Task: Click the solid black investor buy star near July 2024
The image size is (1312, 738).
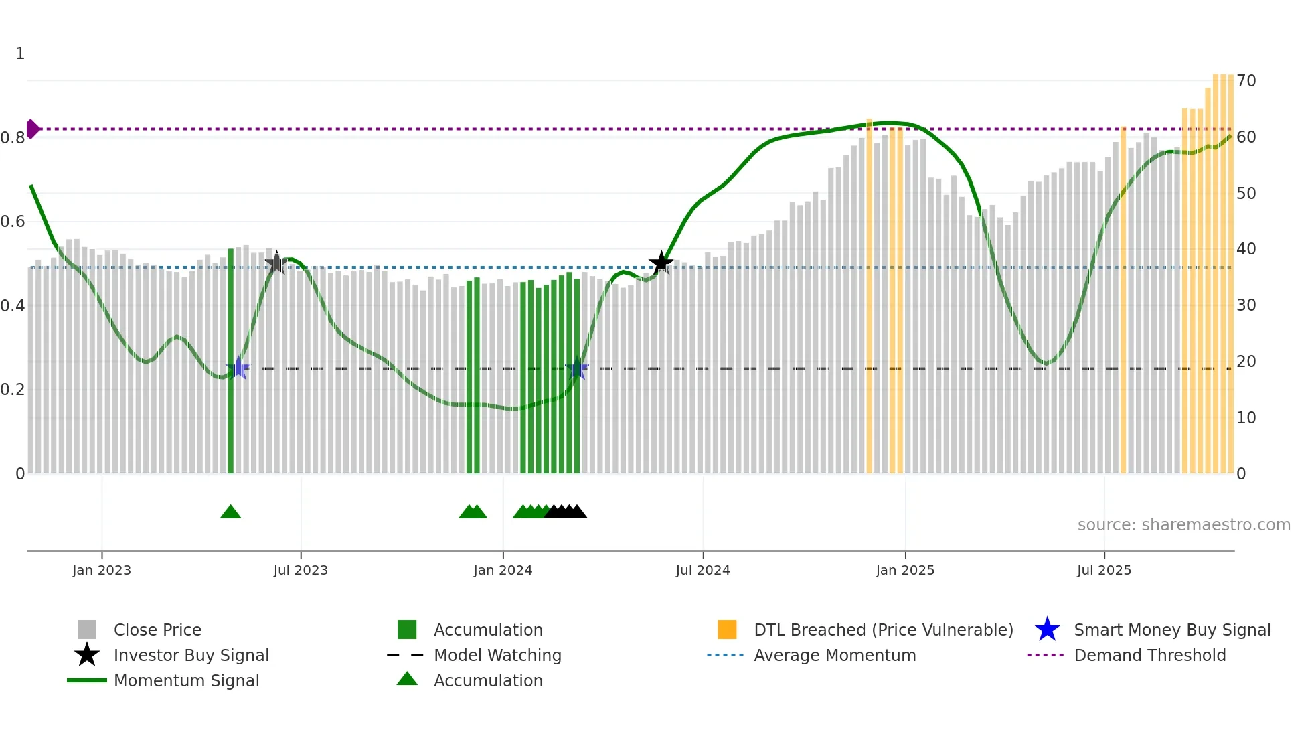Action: (x=661, y=263)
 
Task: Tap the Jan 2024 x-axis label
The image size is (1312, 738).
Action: (x=503, y=570)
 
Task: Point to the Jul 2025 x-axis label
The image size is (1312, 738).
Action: (x=1104, y=570)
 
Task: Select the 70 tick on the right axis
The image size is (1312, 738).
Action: (x=1246, y=81)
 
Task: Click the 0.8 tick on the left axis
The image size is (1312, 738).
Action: (x=13, y=138)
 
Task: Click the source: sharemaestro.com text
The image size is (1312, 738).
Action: (x=1183, y=525)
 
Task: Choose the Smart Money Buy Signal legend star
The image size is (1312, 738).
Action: (x=1047, y=630)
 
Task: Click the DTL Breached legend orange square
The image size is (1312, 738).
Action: (x=727, y=630)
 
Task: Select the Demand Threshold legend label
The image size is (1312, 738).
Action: (x=1149, y=655)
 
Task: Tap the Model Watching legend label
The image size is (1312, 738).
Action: (x=497, y=655)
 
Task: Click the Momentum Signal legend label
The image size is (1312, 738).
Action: (x=186, y=680)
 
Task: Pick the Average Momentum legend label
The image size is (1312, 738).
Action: (x=835, y=655)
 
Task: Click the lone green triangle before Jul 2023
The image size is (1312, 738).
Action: (x=230, y=512)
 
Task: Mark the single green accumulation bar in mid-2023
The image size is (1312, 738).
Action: (x=231, y=362)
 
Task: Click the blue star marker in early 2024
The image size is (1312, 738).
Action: (x=576, y=369)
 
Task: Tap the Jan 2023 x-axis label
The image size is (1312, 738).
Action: (x=102, y=570)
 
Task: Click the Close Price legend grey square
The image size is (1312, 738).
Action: (x=87, y=630)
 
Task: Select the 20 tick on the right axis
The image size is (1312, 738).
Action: (x=1246, y=362)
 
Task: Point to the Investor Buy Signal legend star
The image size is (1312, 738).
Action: (x=87, y=655)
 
